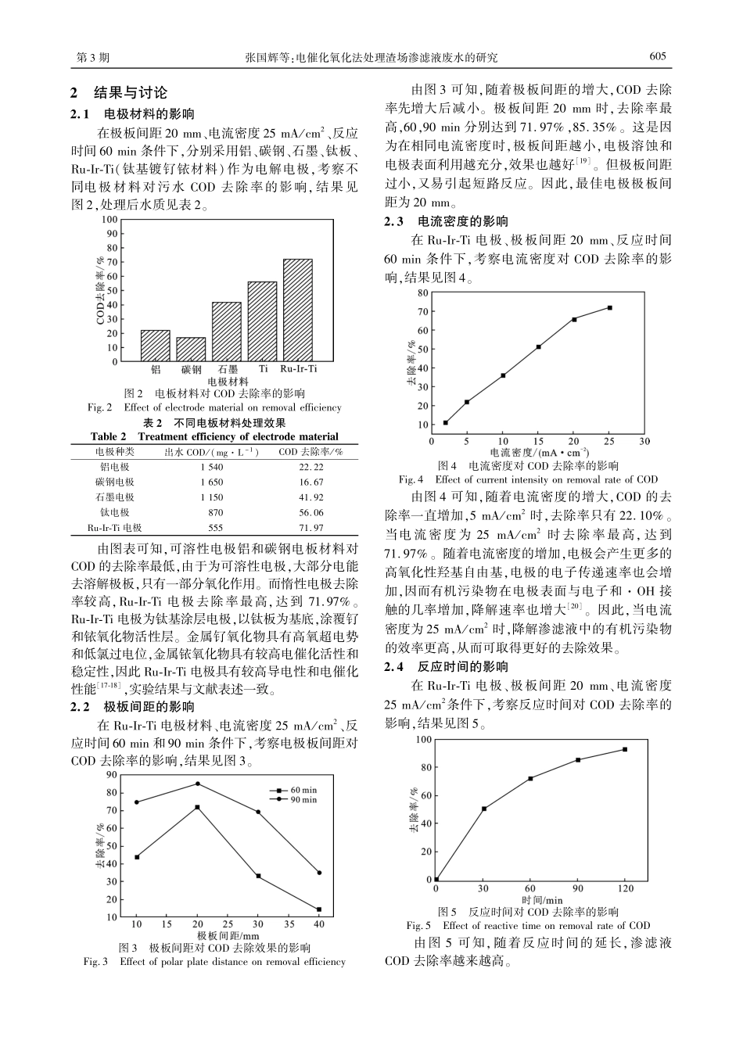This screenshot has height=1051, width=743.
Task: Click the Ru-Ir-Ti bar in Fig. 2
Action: [297, 310]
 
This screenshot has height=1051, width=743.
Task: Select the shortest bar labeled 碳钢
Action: [191, 349]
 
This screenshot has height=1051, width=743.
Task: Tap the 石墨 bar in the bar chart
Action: [227, 332]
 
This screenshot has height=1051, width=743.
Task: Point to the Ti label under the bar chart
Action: [263, 368]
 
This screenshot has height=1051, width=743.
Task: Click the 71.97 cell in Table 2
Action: [311, 528]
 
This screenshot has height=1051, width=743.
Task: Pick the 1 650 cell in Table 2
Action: [212, 482]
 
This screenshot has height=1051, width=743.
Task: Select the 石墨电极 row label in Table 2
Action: [115, 497]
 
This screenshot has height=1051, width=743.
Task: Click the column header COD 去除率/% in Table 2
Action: [311, 452]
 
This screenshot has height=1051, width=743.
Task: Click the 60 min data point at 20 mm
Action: [197, 807]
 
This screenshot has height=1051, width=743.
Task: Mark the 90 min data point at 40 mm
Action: [319, 873]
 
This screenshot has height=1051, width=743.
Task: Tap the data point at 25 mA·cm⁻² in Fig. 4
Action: [609, 307]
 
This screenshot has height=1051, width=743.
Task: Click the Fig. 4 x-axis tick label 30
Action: [644, 441]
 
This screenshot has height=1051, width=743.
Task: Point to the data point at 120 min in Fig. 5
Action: [625, 749]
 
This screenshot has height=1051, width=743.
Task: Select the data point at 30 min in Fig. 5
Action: [484, 809]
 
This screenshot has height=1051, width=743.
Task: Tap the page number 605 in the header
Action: [657, 56]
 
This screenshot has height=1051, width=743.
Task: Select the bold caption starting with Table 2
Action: [214, 436]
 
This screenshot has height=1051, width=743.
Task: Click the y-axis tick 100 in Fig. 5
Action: [423, 739]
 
